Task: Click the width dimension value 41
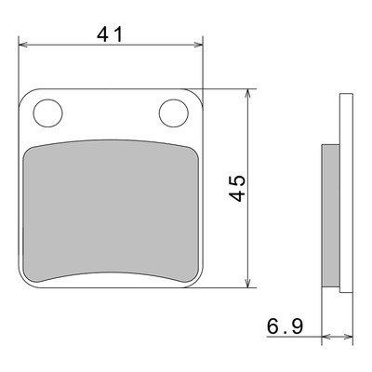point(110,34)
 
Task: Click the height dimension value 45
point(237,188)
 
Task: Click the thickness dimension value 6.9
point(285,326)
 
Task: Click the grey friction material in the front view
point(111,211)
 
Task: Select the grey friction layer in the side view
point(331,216)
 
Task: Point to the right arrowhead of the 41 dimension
point(198,45)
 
